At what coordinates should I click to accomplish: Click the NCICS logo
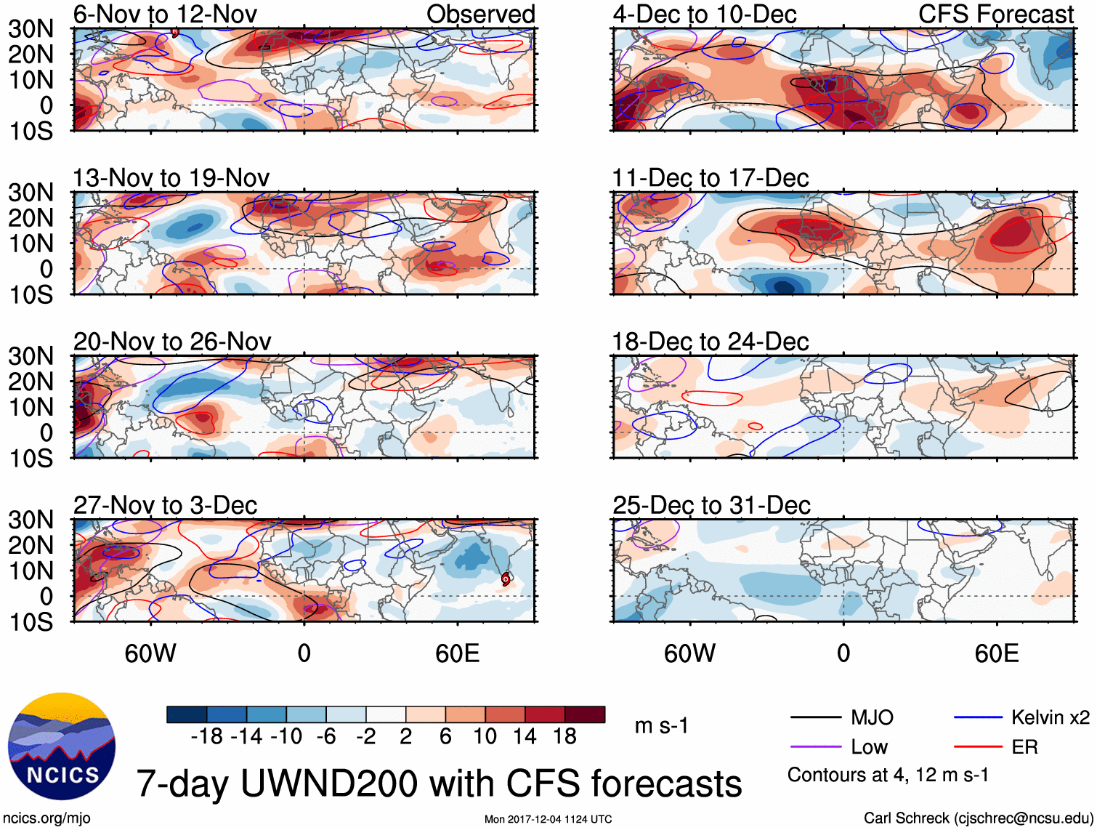point(62,746)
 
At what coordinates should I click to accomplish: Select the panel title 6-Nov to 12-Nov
point(165,14)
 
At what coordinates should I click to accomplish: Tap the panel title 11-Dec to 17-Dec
point(710,178)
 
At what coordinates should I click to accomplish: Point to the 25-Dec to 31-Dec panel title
point(711,505)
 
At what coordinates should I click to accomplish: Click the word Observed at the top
point(480,14)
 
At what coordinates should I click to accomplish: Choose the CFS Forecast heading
point(995,14)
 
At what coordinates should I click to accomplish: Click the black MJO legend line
point(815,718)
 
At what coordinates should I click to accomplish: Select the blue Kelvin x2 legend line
point(978,718)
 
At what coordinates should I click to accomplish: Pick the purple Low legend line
point(815,747)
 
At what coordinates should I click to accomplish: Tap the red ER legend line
point(978,747)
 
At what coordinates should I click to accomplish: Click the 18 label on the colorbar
point(564,737)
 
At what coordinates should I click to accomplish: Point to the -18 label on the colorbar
point(206,737)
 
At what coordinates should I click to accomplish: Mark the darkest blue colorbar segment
point(187,714)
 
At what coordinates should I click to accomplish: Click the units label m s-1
point(661,726)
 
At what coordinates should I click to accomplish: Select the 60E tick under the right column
point(996,653)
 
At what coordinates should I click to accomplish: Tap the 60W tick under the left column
point(150,653)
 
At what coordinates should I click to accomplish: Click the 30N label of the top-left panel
point(31,29)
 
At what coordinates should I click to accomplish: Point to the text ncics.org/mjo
point(46,818)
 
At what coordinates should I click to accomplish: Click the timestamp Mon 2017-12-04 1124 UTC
point(548,819)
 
